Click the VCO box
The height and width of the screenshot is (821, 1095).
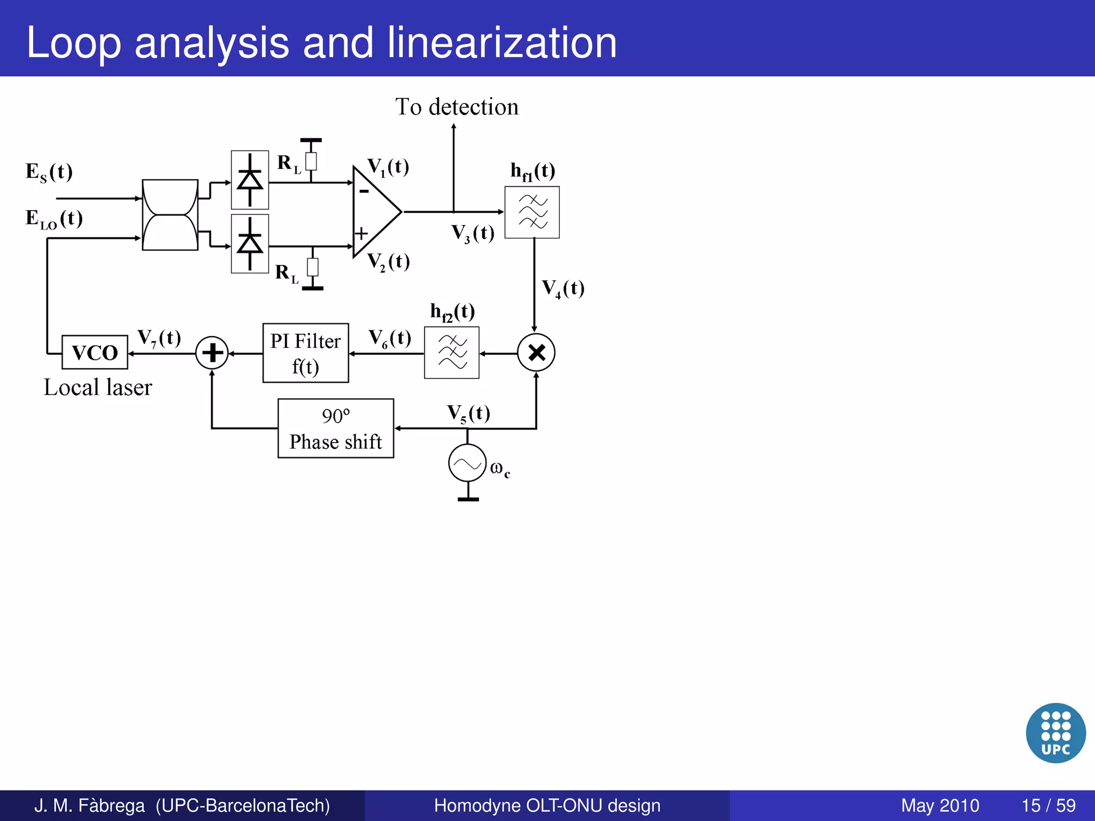pos(95,352)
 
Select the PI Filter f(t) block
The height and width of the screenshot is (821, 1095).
pos(305,353)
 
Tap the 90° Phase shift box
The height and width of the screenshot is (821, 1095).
pos(336,428)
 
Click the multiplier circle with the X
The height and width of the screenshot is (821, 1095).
pos(536,353)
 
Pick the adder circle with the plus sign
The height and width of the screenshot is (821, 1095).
pos(212,353)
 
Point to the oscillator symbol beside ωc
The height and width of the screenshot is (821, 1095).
pos(467,463)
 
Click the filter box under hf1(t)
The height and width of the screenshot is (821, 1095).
pos(532,212)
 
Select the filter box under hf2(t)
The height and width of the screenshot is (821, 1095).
pos(452,353)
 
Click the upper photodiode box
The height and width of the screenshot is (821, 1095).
pos(250,180)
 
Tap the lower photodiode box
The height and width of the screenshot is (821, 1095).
pos(250,244)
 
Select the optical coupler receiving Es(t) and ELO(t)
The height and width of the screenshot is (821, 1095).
pos(170,215)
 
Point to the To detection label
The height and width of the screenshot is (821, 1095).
pos(457,107)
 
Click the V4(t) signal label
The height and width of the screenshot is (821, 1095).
pos(563,289)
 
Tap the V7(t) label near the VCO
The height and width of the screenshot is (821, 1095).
pos(159,338)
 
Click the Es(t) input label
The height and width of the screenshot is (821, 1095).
pos(49,172)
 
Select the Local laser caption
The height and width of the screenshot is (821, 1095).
pos(98,388)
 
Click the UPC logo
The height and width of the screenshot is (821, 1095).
pos(1055,732)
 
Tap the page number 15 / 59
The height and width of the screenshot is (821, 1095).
pos(1048,805)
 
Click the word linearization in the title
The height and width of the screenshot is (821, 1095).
pos(502,43)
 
